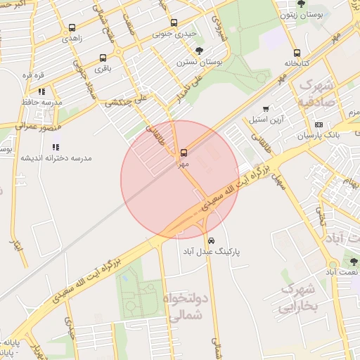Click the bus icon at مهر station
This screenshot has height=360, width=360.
tap(184, 152)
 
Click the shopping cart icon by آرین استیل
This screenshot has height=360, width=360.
tap(265, 109)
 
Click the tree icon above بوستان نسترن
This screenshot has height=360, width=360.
tap(199, 51)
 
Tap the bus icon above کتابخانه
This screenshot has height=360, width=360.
tap(297, 53)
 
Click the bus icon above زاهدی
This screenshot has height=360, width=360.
tap(72, 28)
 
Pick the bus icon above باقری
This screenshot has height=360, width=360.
tap(103, 58)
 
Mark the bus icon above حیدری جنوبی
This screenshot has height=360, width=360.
tap(174, 22)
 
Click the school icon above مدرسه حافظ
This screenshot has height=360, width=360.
tap(42, 91)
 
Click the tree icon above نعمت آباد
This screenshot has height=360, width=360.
tap(354, 261)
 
